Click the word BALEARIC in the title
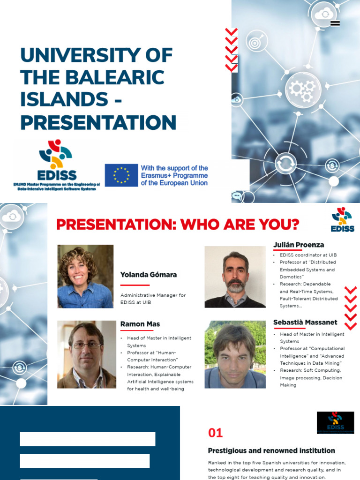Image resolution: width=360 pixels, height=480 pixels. click(117, 77)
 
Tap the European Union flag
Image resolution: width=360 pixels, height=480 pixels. click(121, 175)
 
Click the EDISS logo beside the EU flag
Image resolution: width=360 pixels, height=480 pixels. click(57, 162)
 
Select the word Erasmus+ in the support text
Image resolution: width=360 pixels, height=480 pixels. click(157, 175)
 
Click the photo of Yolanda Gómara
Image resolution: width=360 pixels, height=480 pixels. click(85, 277)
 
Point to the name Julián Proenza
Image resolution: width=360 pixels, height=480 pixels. click(299, 245)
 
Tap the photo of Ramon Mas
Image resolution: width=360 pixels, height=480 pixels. click(87, 354)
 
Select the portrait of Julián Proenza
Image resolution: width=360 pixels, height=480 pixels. click(235, 277)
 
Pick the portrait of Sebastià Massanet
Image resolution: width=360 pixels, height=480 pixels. click(235, 354)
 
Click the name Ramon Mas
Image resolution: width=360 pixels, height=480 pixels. click(140, 324)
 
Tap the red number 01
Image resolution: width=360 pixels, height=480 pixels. click(215, 433)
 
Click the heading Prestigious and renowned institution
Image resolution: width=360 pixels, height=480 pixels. click(271, 450)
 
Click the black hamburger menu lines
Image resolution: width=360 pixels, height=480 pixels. click(335, 23)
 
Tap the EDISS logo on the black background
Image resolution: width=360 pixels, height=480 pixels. click(335, 422)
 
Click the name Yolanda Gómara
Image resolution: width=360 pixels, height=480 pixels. click(149, 275)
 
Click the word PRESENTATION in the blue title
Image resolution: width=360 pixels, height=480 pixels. click(98, 122)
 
